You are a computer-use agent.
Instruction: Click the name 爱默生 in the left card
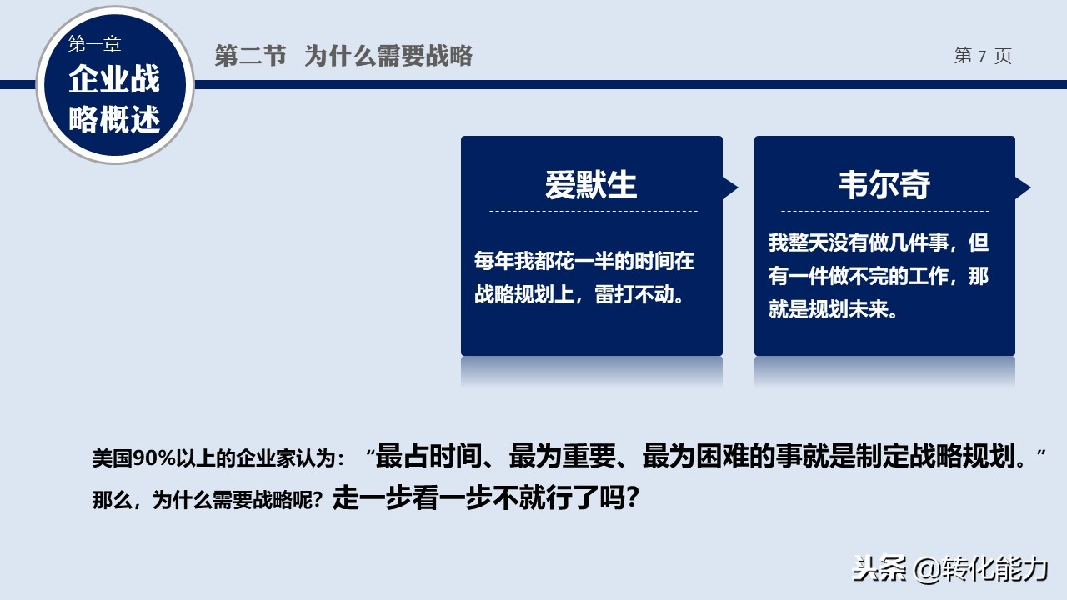pos(591,185)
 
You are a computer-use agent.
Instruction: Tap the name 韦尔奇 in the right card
pos(884,185)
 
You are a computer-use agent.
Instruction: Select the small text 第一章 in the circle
pos(94,44)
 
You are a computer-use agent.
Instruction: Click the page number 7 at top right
pos(982,56)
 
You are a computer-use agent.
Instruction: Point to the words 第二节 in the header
pos(251,56)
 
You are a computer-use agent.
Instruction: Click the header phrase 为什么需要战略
pos(388,56)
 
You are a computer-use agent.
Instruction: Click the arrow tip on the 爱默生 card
pos(738,187)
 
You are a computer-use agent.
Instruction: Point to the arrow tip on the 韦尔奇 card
pos(1030,187)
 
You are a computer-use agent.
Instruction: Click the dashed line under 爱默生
pos(594,211)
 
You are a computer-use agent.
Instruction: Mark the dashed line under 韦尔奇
pos(885,211)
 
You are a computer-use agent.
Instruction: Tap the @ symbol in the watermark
pos(927,570)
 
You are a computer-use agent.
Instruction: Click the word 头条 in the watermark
pos(879,569)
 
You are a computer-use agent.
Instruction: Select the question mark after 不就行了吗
pos(632,497)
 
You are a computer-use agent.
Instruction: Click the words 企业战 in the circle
pos(114,79)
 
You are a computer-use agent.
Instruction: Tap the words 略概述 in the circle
pos(114,119)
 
